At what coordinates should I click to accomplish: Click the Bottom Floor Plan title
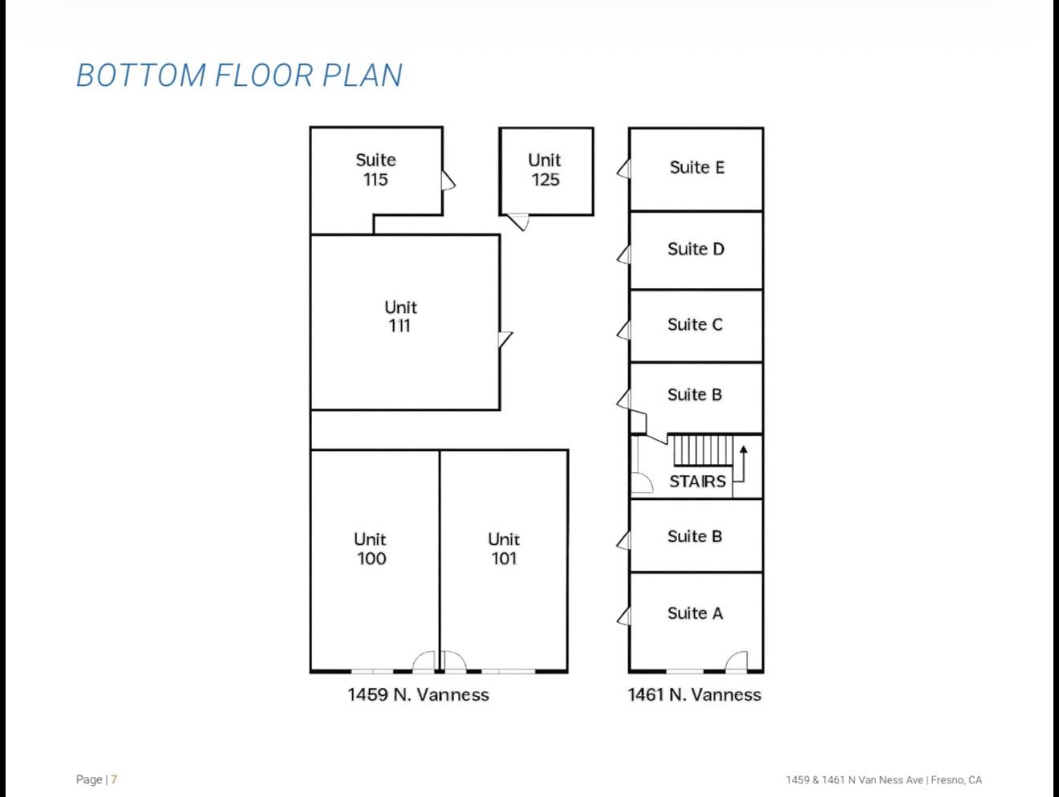(239, 75)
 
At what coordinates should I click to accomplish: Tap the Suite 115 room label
(375, 169)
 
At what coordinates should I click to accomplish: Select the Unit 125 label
(545, 169)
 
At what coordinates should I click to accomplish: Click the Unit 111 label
(400, 316)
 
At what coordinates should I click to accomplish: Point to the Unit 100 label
(370, 549)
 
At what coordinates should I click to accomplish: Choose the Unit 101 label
(504, 549)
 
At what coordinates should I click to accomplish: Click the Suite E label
(696, 167)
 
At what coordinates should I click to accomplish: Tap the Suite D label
(696, 249)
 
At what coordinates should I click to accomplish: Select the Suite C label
(695, 324)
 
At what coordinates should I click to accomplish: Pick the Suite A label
(695, 613)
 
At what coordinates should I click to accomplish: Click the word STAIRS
(697, 482)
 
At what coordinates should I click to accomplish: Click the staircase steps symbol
(703, 450)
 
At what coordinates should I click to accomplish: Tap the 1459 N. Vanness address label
(418, 694)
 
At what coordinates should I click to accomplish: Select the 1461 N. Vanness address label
(694, 694)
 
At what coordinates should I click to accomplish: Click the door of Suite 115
(448, 180)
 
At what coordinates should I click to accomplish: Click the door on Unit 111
(505, 340)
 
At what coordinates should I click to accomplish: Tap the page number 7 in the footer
(114, 779)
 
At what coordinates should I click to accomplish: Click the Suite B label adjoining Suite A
(695, 536)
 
